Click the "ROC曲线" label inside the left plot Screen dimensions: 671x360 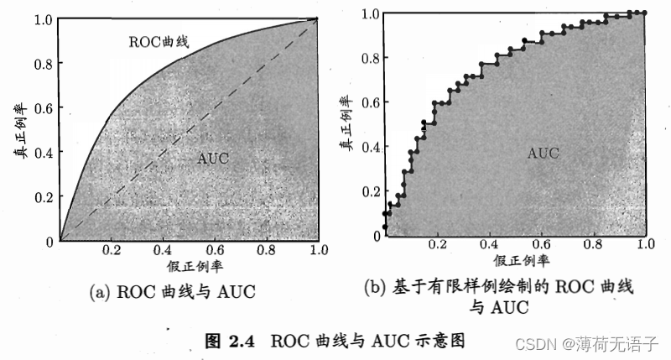pyautogui.click(x=159, y=42)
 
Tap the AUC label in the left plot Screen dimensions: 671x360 pyautogui.click(x=213, y=159)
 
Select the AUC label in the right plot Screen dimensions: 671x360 pyautogui.click(x=543, y=154)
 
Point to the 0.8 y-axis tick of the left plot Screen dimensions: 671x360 pyautogui.click(x=43, y=64)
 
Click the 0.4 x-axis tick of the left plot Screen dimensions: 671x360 pyautogui.click(x=163, y=250)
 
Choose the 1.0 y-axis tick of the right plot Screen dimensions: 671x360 pyautogui.click(x=370, y=13)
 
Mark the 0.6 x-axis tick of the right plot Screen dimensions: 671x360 pyautogui.click(x=541, y=244)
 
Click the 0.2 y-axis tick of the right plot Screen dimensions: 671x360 pyautogui.click(x=371, y=191)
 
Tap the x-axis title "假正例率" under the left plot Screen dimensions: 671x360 pyautogui.click(x=195, y=267)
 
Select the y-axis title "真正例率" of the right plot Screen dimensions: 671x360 pyautogui.click(x=346, y=123)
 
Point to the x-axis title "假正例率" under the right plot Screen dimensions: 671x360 pyautogui.click(x=521, y=261)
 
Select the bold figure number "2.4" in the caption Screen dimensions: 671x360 pyautogui.click(x=242, y=342)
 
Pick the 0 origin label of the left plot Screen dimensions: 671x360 pyautogui.click(x=49, y=242)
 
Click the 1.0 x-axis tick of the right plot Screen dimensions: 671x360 pyautogui.click(x=645, y=244)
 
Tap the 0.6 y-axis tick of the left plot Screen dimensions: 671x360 pyautogui.click(x=43, y=108)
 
